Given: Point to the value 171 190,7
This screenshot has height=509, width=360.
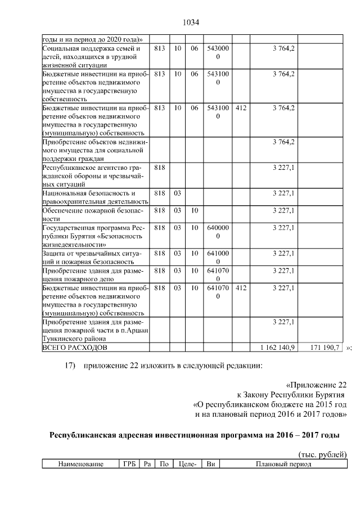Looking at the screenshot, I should pyautogui.click(x=325, y=348).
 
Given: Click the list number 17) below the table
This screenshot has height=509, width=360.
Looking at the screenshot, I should pyautogui.click(x=70, y=366).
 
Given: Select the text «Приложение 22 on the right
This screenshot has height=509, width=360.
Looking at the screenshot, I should pyautogui.click(x=317, y=385).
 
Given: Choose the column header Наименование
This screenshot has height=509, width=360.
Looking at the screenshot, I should pyautogui.click(x=79, y=465).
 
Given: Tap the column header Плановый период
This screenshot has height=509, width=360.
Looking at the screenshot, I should pyautogui.click(x=283, y=465).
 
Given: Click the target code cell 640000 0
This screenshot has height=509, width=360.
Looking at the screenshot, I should pyautogui.click(x=218, y=232).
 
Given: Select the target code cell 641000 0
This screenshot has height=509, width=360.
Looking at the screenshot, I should pyautogui.click(x=218, y=258).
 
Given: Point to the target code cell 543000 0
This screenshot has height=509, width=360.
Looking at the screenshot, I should pyautogui.click(x=218, y=53).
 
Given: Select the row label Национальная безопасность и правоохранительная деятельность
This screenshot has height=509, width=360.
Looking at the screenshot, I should pyautogui.click(x=95, y=197).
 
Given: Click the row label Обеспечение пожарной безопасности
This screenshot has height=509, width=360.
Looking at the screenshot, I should pyautogui.click(x=92, y=214).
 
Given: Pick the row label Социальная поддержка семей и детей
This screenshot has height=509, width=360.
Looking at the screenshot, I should pyautogui.click(x=90, y=57).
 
